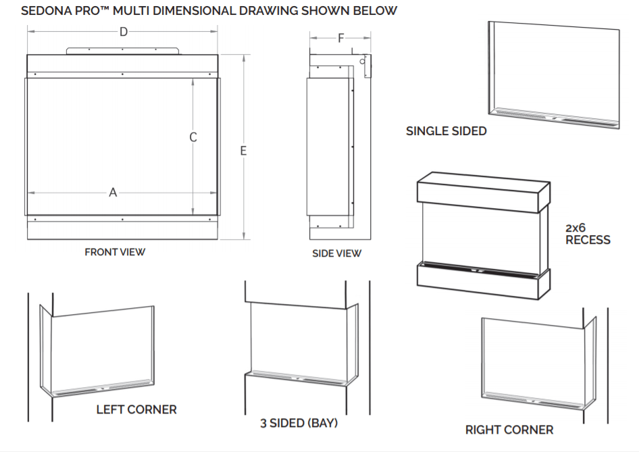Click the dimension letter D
123,32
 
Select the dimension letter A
113,193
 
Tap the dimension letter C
193,137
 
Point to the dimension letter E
243,151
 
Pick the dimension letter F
340,39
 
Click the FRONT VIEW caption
115,252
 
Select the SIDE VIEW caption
336,253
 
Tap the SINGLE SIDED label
446,131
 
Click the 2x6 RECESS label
587,234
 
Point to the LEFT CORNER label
136,409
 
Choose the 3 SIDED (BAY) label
299,424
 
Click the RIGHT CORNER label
509,430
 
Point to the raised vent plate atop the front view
123,51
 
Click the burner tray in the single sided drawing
554,116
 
